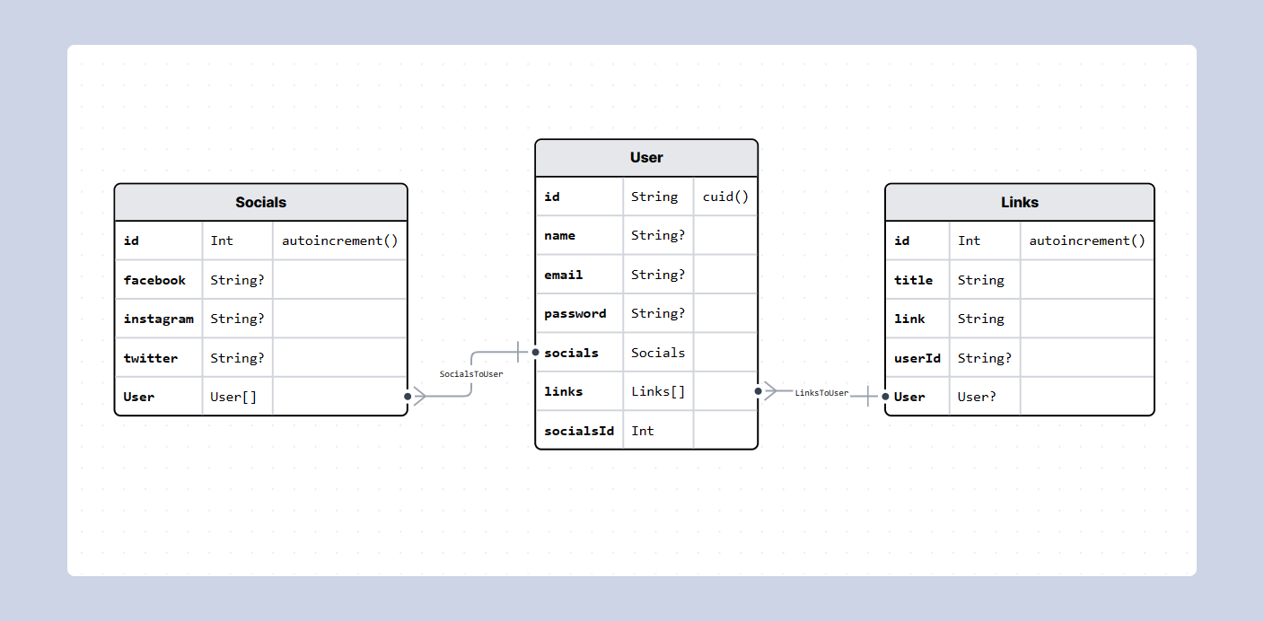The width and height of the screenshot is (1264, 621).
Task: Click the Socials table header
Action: point(260,203)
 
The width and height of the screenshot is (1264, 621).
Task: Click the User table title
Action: point(646,158)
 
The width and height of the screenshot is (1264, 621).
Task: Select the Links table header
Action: point(1019,203)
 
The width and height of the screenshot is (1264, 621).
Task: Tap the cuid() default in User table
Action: point(725,197)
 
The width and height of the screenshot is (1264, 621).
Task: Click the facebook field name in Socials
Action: point(154,280)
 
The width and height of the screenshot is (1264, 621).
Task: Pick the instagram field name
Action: point(158,319)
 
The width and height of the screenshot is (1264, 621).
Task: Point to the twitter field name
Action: point(151,358)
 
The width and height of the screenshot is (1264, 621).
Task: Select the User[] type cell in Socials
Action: point(233,397)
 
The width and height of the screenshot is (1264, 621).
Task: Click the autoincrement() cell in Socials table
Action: point(339,241)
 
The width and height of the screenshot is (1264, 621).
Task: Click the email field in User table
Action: point(564,275)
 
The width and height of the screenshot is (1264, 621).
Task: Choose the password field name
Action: point(575,313)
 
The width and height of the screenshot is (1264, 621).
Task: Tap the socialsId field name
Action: point(579,431)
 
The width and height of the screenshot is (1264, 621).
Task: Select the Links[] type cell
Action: point(658,391)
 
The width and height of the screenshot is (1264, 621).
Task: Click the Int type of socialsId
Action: point(643,431)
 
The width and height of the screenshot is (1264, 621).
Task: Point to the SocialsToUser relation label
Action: point(471,373)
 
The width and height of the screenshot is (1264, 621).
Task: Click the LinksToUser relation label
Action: point(821,393)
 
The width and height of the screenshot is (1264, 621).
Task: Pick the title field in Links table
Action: point(913,280)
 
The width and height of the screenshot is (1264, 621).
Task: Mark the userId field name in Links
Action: point(917,358)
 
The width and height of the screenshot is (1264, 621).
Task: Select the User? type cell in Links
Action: point(977,397)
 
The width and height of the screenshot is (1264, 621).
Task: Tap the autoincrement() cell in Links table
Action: point(1086,241)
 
